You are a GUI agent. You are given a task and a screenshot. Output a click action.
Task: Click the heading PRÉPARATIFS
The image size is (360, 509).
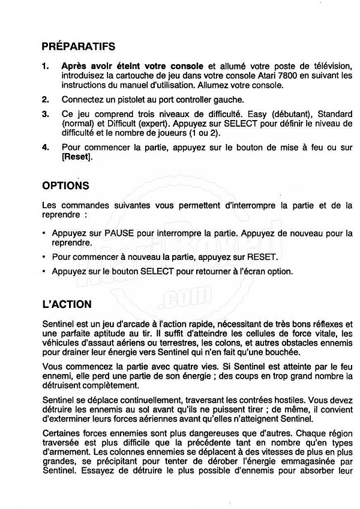coord(79,46)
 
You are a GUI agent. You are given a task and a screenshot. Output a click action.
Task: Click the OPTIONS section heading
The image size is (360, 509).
coord(66,186)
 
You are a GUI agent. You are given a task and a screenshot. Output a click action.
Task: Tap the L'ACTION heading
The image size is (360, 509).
coord(67,305)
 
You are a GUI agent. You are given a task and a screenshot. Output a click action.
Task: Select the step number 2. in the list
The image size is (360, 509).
coord(46,100)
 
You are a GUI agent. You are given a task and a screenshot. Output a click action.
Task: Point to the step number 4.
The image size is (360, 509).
coord(46,147)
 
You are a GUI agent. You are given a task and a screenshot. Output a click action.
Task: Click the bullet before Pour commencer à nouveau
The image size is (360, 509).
coord(45,258)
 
